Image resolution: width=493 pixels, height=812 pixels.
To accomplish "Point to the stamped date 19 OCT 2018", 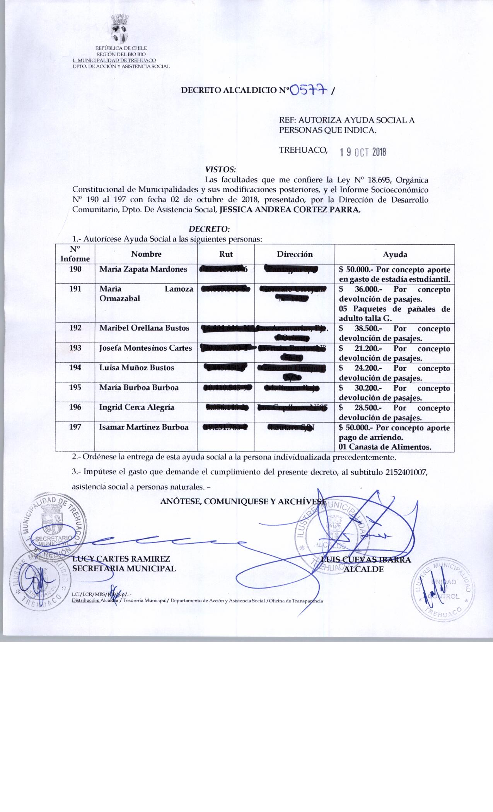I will [362, 152].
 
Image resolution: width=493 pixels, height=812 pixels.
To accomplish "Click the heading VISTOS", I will [220, 169].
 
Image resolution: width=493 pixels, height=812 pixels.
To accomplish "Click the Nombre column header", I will [146, 254].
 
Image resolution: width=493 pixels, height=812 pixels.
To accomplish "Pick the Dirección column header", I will [295, 254].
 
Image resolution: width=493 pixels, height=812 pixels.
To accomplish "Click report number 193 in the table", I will [75, 348].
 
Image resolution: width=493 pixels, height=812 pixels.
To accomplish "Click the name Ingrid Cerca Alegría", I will [136, 407].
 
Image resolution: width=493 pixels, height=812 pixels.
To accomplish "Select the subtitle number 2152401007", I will [406, 473].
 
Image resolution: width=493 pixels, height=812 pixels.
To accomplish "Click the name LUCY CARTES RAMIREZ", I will [121, 559].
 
